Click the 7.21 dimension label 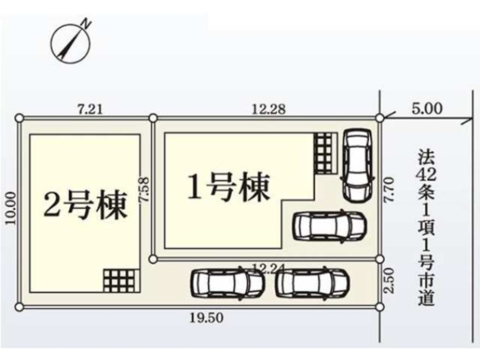tap(90, 109)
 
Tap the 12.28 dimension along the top tap(269, 109)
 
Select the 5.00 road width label tap(427, 108)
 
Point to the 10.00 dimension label tap(11, 208)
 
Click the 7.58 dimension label tap(144, 190)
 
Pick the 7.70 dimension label tap(389, 190)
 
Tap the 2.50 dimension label tap(389, 281)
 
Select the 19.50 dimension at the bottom tap(206, 318)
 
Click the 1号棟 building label tap(228, 187)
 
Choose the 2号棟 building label tap(85, 205)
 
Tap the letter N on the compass tap(87, 24)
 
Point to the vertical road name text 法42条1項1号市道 tap(427, 227)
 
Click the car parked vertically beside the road tap(358, 165)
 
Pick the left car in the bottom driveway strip tap(228, 282)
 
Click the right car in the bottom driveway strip tap(312, 282)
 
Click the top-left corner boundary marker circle tap(19, 118)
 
